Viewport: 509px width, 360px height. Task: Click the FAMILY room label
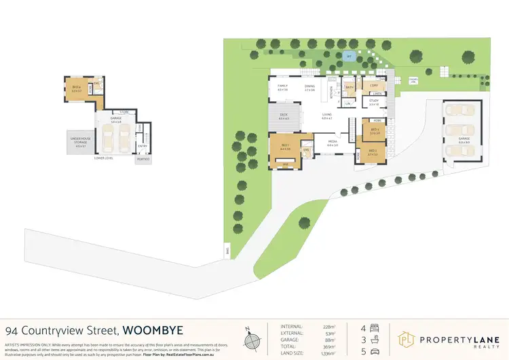click(x=283, y=86)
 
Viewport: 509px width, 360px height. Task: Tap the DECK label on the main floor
click(x=284, y=115)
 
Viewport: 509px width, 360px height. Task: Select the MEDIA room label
click(x=333, y=142)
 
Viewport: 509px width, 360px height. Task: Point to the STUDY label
click(x=373, y=101)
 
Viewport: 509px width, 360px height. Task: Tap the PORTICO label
click(x=143, y=159)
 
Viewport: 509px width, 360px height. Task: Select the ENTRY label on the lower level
click(x=143, y=145)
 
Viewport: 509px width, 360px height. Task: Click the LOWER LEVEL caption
click(x=104, y=157)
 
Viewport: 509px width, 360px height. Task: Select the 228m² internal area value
click(x=328, y=327)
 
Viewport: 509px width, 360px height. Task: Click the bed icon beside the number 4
click(x=375, y=327)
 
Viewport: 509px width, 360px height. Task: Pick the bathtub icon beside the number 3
click(x=375, y=339)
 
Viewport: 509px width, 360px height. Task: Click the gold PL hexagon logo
click(x=405, y=338)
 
